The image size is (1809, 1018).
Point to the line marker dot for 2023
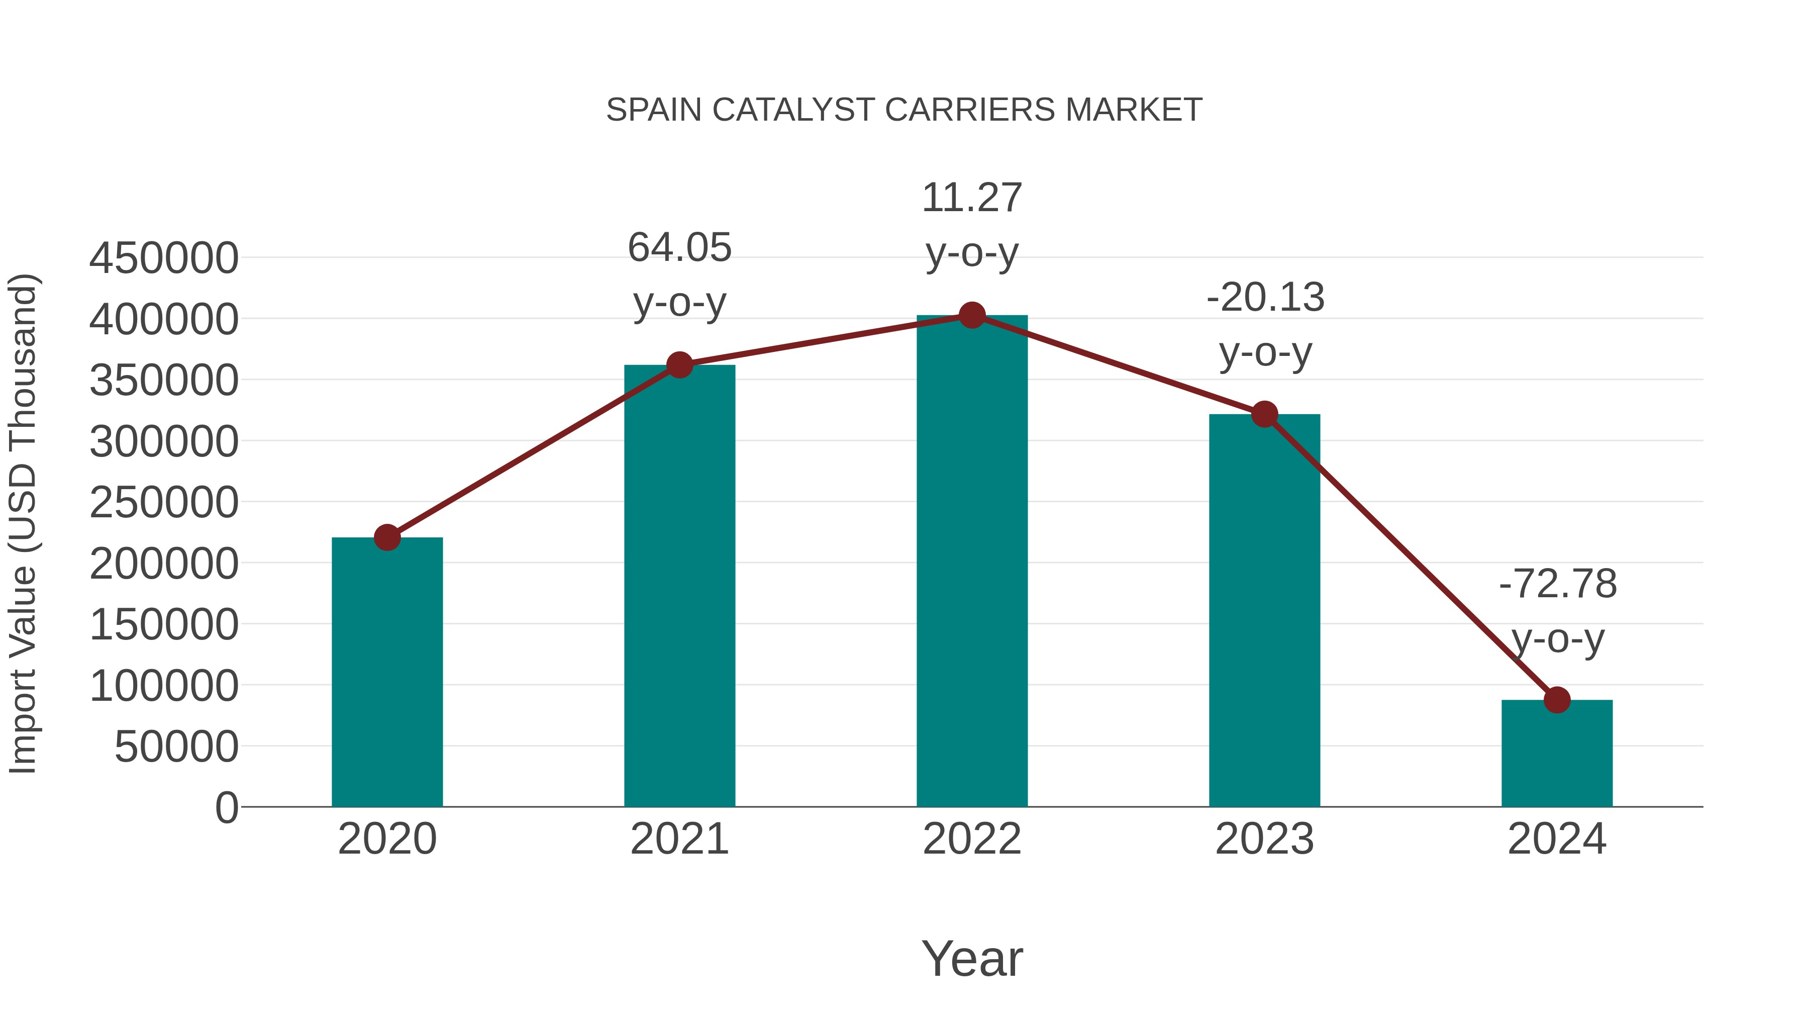pyautogui.click(x=1265, y=415)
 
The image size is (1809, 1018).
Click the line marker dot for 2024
pyautogui.click(x=1557, y=700)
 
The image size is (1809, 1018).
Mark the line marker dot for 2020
pyautogui.click(x=387, y=537)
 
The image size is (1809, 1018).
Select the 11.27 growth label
pyautogui.click(x=972, y=198)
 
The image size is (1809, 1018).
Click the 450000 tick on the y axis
pyautogui.click(x=164, y=258)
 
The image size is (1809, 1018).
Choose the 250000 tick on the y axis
pyautogui.click(x=164, y=502)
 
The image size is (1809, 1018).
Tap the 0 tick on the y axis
pyautogui.click(x=226, y=807)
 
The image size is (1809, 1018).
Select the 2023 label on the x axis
pyautogui.click(x=1265, y=839)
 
